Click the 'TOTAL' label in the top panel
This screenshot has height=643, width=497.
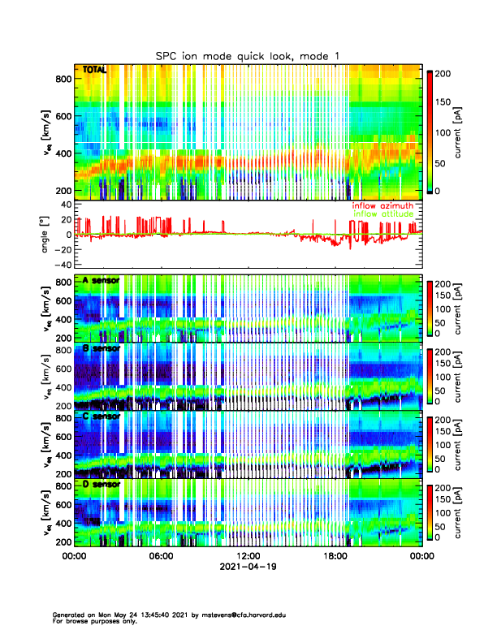[95, 71]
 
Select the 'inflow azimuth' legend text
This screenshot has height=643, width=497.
[382, 206]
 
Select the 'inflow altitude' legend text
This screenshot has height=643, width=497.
[382, 214]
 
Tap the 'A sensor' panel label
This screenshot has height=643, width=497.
[102, 281]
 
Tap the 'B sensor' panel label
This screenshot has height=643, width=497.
[102, 348]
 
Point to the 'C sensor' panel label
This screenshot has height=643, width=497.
[102, 416]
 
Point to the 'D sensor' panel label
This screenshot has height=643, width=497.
[102, 484]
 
